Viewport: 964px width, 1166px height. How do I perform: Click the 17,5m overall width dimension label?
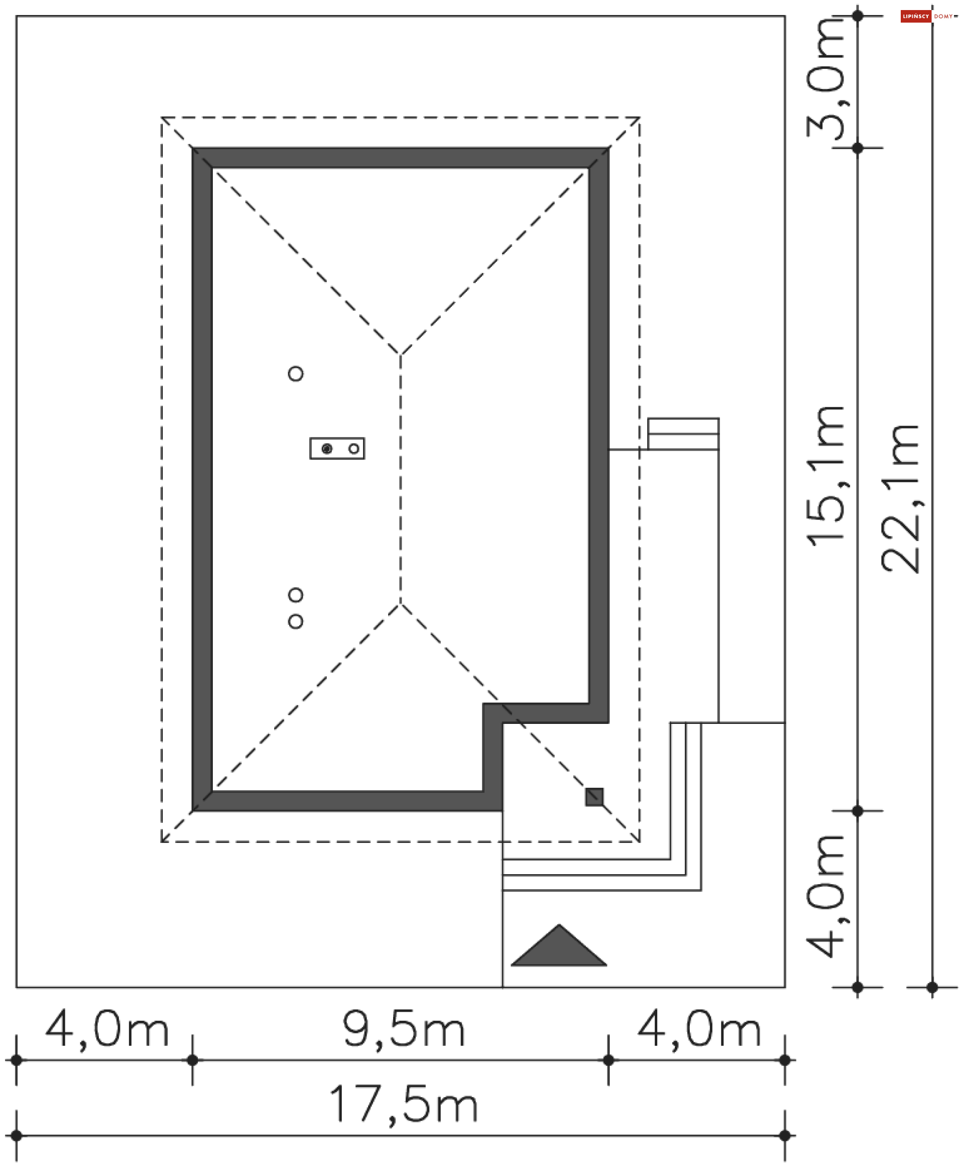pos(404,1105)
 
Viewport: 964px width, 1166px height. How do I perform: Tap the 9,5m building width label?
pos(404,1030)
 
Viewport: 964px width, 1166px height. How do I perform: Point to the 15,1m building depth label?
pos(825,476)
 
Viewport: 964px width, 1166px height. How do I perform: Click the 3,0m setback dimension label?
pos(825,78)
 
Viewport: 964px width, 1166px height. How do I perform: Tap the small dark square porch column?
pos(594,797)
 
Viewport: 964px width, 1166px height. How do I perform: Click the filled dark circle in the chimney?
pos(327,449)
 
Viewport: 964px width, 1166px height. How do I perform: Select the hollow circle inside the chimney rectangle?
pos(353,449)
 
